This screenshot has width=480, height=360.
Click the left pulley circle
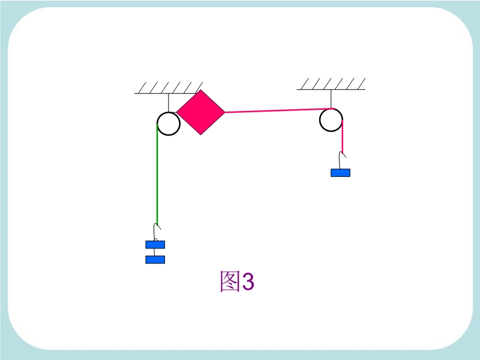169,124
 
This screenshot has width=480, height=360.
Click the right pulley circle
331,120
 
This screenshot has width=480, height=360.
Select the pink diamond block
201,112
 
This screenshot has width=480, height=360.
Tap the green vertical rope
157,174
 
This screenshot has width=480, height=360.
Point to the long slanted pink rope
279,110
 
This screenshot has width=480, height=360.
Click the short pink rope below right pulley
342,136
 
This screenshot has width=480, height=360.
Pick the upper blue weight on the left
155,244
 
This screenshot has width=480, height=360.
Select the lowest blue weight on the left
155,260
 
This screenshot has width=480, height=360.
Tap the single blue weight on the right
340,173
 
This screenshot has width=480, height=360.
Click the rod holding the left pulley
169,103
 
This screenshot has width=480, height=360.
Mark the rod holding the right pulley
331,99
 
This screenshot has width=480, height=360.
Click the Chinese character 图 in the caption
230,281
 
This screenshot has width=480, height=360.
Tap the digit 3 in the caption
248,281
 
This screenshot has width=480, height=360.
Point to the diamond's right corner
226,112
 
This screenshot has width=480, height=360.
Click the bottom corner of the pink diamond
201,134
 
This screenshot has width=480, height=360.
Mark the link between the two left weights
154,252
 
